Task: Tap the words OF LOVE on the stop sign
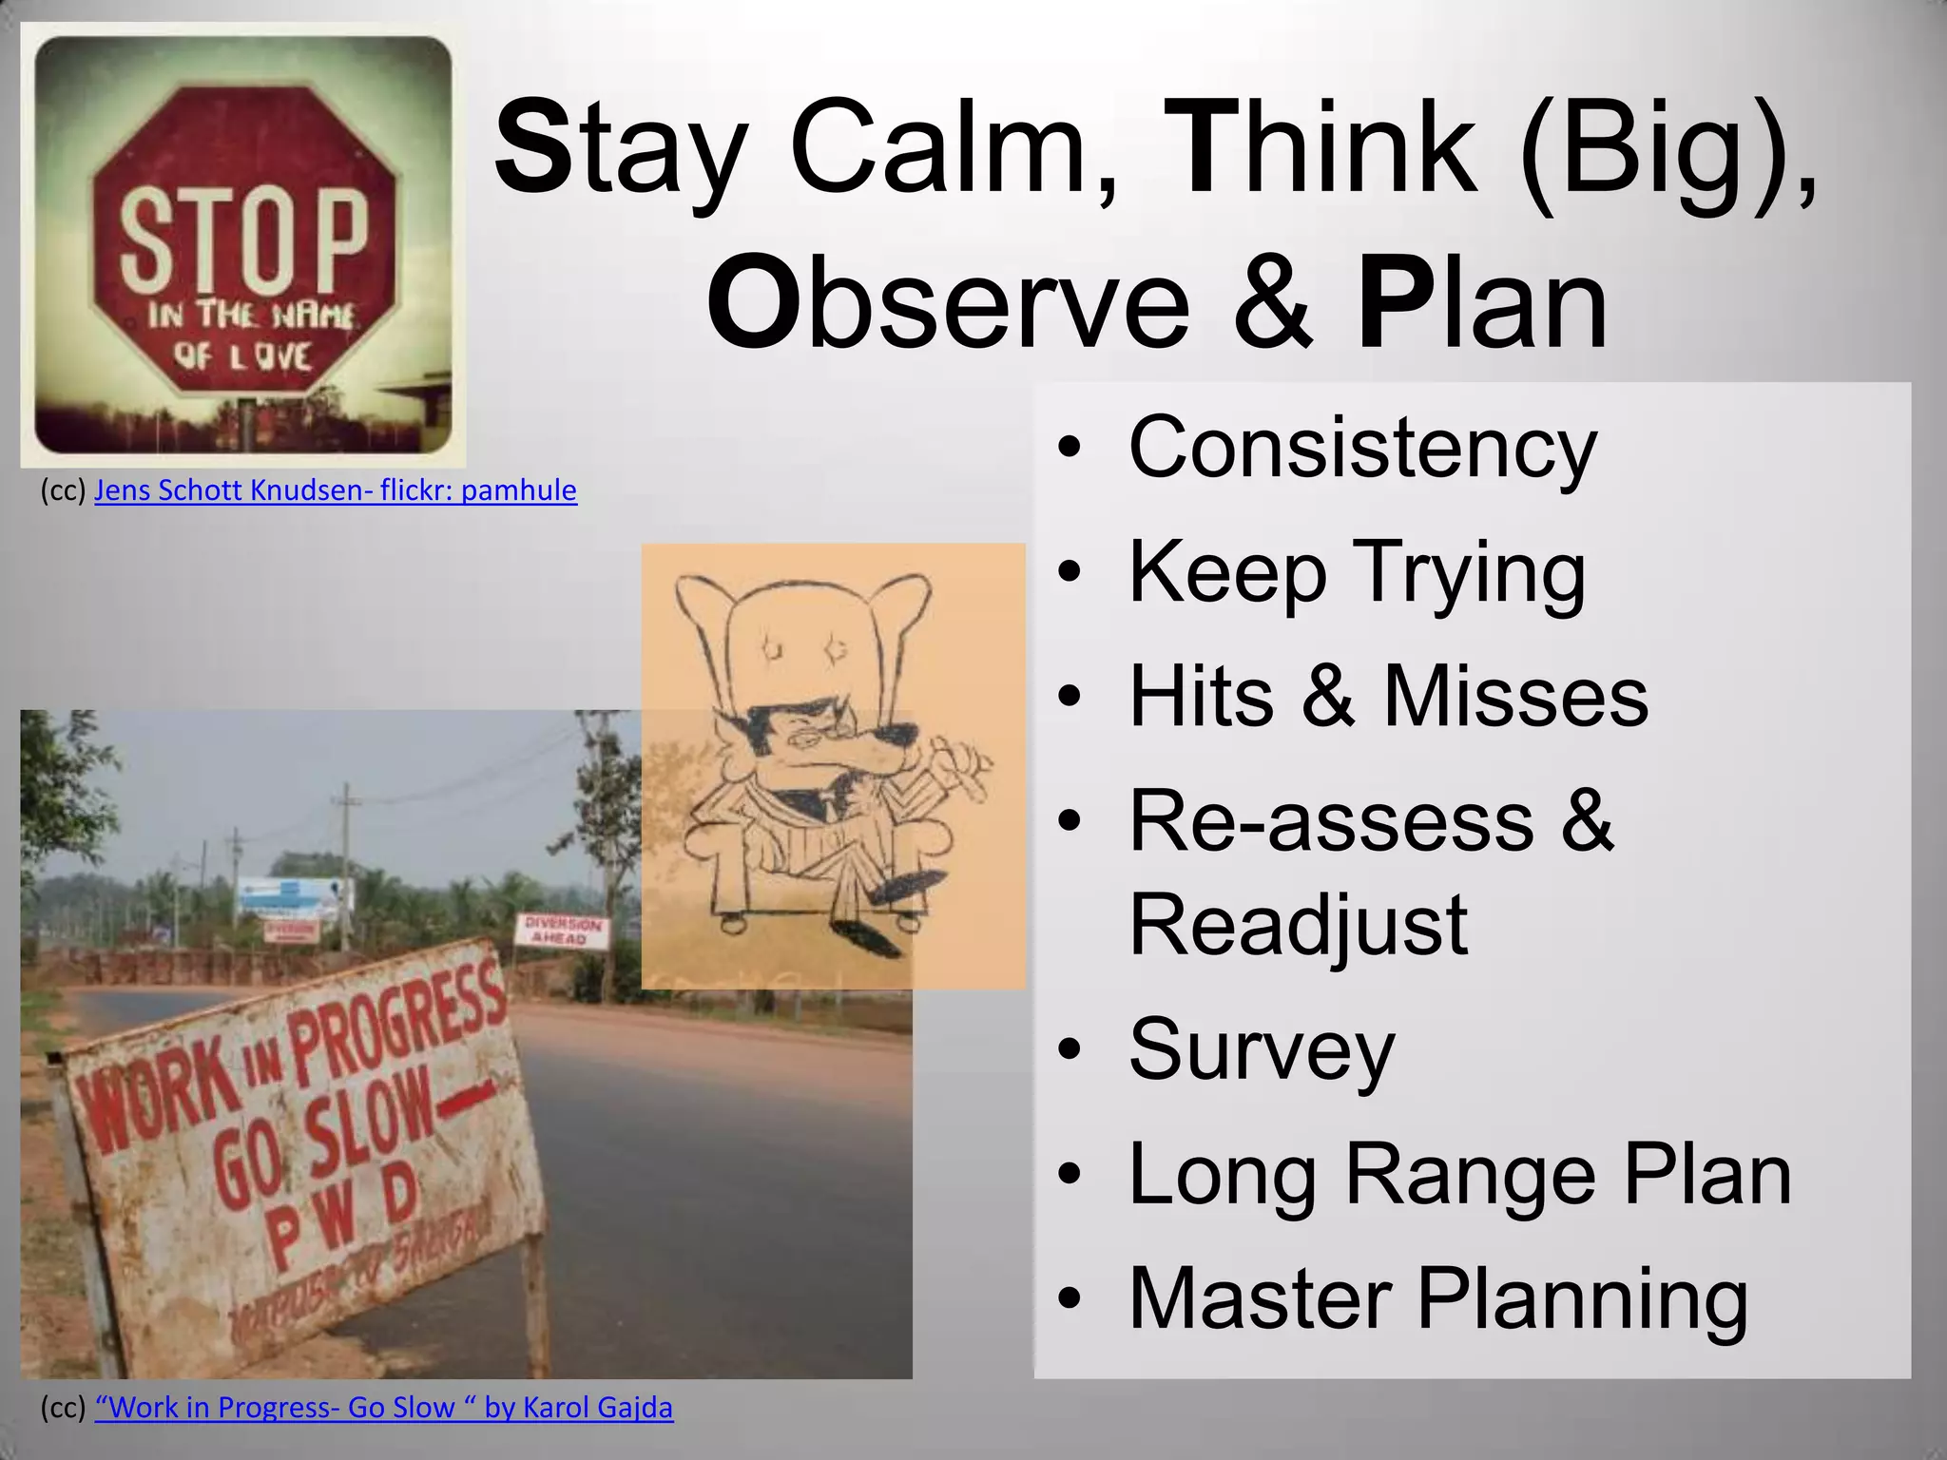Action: (241, 356)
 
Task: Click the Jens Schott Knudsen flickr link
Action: (335, 490)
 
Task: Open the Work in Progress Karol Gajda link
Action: (383, 1408)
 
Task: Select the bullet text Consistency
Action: (1361, 449)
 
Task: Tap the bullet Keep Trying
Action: (1357, 573)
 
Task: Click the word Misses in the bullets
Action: (1515, 698)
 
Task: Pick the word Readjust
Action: (1298, 924)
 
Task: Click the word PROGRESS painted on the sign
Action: (395, 1022)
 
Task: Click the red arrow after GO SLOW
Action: (465, 1103)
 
